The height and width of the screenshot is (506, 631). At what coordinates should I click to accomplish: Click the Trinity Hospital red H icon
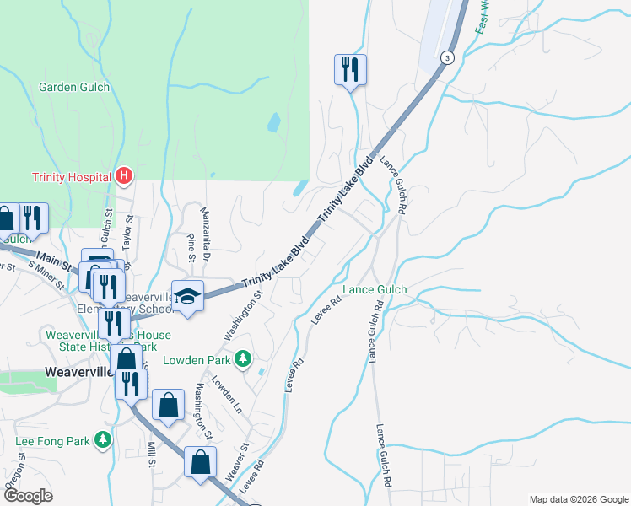(124, 176)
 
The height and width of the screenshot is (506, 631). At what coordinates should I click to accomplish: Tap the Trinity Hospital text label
(73, 177)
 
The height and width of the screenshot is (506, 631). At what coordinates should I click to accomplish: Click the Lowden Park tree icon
(243, 360)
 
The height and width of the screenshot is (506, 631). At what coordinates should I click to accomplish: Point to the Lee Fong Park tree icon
(103, 440)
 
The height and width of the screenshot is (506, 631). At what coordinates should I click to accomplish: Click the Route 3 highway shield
(446, 57)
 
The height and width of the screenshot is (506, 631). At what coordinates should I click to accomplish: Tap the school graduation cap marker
(188, 296)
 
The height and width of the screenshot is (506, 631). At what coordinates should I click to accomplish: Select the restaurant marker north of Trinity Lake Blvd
(350, 69)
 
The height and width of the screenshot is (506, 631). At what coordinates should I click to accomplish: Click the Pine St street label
(192, 242)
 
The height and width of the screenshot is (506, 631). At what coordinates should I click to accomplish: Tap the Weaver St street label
(237, 462)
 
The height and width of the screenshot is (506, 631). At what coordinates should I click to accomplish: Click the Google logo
(29, 495)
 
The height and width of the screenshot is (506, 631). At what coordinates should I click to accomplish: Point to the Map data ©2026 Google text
(578, 499)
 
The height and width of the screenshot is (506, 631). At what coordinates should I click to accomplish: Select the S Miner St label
(47, 276)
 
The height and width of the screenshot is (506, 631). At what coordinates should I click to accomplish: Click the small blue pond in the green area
(274, 123)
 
